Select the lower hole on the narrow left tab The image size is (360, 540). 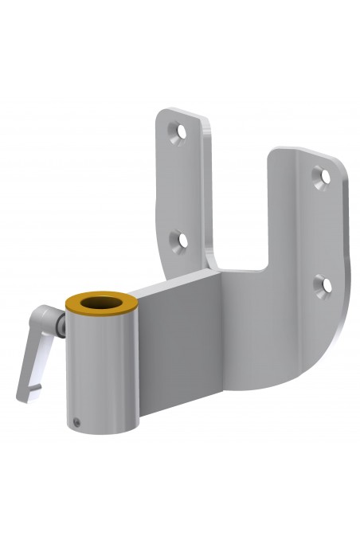182,240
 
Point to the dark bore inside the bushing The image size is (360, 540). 100,303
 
